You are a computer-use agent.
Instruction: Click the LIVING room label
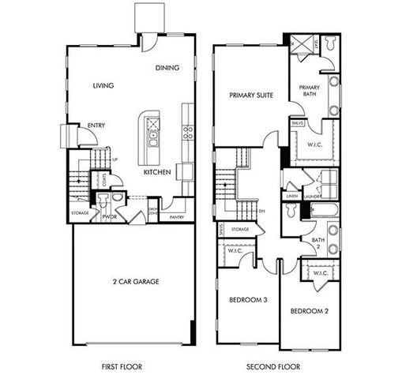[103, 85]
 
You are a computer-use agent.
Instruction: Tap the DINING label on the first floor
[167, 68]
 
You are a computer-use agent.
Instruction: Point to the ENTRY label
[97, 125]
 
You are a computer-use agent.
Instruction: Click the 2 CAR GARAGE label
[130, 280]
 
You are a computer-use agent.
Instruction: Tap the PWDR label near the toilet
[109, 216]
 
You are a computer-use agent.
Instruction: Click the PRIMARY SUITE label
[250, 95]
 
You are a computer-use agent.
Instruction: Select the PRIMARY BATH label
[310, 92]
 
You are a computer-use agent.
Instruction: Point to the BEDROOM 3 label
[246, 300]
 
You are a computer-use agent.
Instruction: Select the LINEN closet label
[292, 196]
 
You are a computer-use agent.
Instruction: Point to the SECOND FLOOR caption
[273, 366]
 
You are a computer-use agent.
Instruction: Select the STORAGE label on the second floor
[240, 229]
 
